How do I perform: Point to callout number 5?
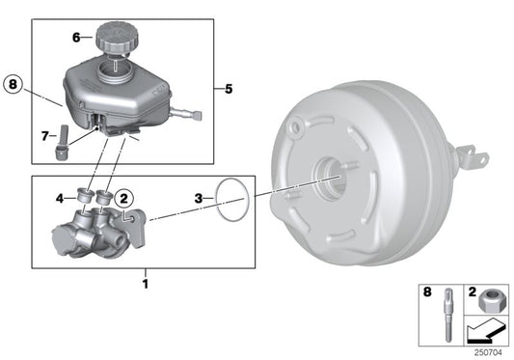coord(228,91)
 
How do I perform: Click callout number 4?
coord(60,200)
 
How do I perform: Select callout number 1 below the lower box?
coord(146,284)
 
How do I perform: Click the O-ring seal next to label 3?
coord(231,199)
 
